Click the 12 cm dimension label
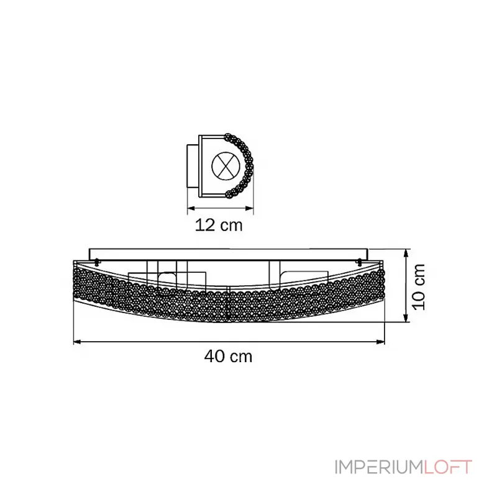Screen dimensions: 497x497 [x=219, y=225]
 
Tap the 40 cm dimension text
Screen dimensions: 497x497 [x=228, y=356]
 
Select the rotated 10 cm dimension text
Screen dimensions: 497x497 [x=418, y=286]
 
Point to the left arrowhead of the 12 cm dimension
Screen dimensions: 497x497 [x=191, y=208]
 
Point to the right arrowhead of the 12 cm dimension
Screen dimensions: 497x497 [x=250, y=208]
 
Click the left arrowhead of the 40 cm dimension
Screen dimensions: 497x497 [x=77, y=342]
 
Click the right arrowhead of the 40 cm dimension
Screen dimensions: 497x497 [x=381, y=342]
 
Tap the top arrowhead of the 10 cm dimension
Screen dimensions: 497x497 [x=406, y=253]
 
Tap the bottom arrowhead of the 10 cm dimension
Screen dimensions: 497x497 [x=406, y=318]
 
